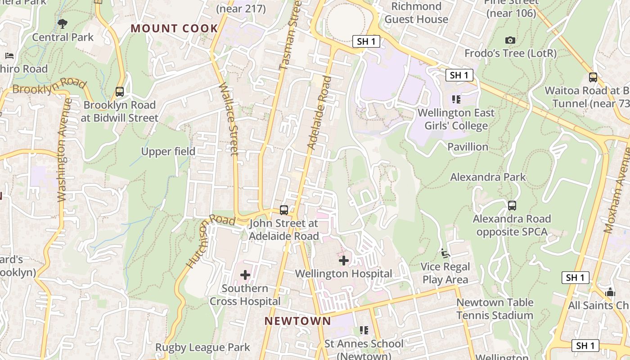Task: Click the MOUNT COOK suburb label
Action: click(174, 28)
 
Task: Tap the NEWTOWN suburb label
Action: click(297, 321)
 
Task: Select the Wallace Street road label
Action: click(229, 119)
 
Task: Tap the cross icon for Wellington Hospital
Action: click(344, 260)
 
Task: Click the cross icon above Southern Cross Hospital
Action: click(245, 274)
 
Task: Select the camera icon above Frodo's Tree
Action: click(510, 40)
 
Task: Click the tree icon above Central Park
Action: click(63, 23)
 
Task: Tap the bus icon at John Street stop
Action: click(284, 210)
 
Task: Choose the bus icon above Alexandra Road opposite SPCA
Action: click(512, 206)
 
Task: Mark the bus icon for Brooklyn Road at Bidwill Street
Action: click(120, 92)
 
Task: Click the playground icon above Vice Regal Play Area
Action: click(445, 253)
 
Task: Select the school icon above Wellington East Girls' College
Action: click(456, 99)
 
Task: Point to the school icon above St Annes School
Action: click(364, 330)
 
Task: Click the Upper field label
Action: click(168, 152)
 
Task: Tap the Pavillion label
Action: click(468, 147)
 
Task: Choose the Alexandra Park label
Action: click(488, 177)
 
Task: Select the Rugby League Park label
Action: click(202, 347)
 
